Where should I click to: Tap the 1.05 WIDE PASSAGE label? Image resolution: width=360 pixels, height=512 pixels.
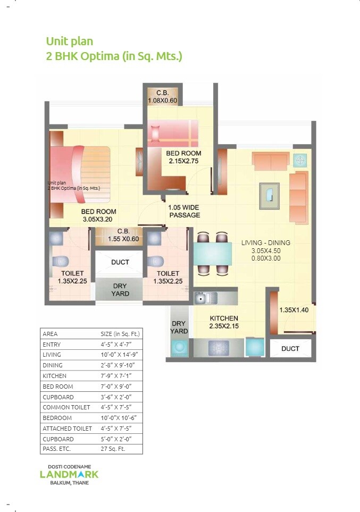(x=184, y=212)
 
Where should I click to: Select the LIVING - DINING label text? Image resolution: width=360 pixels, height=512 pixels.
(x=265, y=243)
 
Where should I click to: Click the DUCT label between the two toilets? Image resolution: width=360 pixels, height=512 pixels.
(x=120, y=262)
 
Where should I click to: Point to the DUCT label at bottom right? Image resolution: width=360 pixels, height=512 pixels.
(x=290, y=349)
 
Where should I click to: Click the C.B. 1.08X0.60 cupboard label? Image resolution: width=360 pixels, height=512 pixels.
(x=162, y=96)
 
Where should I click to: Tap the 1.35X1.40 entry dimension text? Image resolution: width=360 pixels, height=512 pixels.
(x=294, y=310)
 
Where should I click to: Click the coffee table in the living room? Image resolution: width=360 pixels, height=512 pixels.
(x=269, y=193)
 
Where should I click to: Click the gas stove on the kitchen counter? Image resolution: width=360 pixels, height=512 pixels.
(x=218, y=347)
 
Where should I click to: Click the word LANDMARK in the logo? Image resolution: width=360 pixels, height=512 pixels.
(x=69, y=474)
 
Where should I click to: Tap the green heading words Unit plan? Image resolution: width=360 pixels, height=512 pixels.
(x=70, y=41)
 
